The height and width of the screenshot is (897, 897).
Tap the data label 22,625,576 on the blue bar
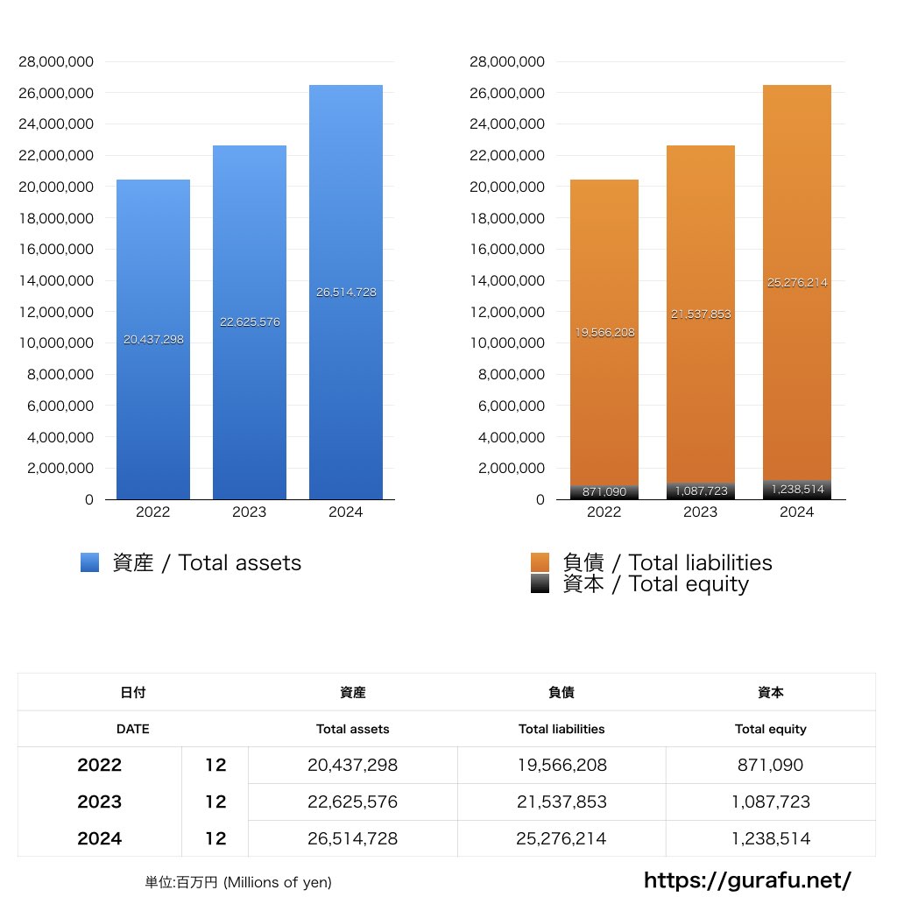click(x=250, y=322)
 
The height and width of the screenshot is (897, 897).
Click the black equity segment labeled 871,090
click(x=604, y=492)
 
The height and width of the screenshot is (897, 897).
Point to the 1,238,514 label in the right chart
click(x=797, y=490)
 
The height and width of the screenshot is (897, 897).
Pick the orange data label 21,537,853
click(x=701, y=314)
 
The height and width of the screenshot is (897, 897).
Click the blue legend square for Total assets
click(x=89, y=563)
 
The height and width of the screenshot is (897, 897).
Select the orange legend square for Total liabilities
click(x=540, y=562)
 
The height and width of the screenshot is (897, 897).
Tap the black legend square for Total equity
click(x=540, y=584)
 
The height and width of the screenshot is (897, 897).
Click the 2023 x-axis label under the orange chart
click(x=700, y=512)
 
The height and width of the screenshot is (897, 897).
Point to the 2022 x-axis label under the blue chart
click(x=153, y=512)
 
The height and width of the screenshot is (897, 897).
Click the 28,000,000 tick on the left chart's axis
click(x=57, y=62)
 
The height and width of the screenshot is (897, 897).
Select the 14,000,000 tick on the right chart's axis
click(x=507, y=281)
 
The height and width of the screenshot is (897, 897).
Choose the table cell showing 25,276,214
click(x=562, y=838)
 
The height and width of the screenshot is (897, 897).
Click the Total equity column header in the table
click(x=770, y=729)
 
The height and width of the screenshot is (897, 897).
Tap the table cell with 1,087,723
click(x=770, y=802)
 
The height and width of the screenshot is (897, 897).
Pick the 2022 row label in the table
click(x=99, y=765)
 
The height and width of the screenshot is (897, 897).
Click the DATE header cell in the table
click(x=132, y=729)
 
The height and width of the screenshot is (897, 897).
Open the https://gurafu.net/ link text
click(x=747, y=880)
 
